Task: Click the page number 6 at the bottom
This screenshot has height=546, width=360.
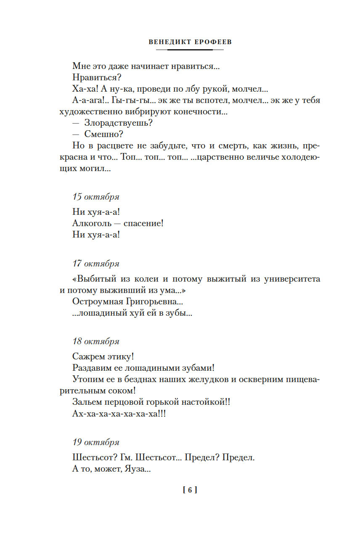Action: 190,490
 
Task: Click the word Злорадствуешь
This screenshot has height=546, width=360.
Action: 117,123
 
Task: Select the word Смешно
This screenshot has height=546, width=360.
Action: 102,135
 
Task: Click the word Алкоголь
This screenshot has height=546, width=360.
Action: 92,223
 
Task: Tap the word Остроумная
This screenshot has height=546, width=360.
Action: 97,301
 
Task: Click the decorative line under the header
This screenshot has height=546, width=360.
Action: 190,50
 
